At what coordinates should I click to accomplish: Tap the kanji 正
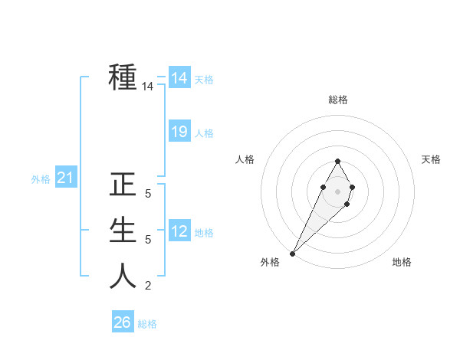(123, 186)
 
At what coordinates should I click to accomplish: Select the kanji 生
(123, 231)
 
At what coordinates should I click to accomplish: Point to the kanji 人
(123, 275)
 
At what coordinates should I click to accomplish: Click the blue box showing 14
(179, 78)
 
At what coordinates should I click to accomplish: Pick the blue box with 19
(179, 132)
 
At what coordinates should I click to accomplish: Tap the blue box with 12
(179, 231)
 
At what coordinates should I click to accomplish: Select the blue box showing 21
(65, 178)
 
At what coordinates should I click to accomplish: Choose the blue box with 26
(122, 322)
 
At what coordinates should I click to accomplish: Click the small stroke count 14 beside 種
(148, 87)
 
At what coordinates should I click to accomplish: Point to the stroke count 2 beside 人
(148, 286)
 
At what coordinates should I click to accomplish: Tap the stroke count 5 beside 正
(148, 195)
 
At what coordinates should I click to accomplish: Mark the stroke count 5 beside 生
(148, 241)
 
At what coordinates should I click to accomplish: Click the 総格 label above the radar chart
(337, 100)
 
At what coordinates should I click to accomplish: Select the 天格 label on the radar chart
(431, 159)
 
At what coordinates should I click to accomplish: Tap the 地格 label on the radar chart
(402, 262)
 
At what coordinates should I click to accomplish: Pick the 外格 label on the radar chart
(270, 262)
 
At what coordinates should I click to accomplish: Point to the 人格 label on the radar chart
(245, 159)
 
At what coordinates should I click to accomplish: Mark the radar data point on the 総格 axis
(337, 161)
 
